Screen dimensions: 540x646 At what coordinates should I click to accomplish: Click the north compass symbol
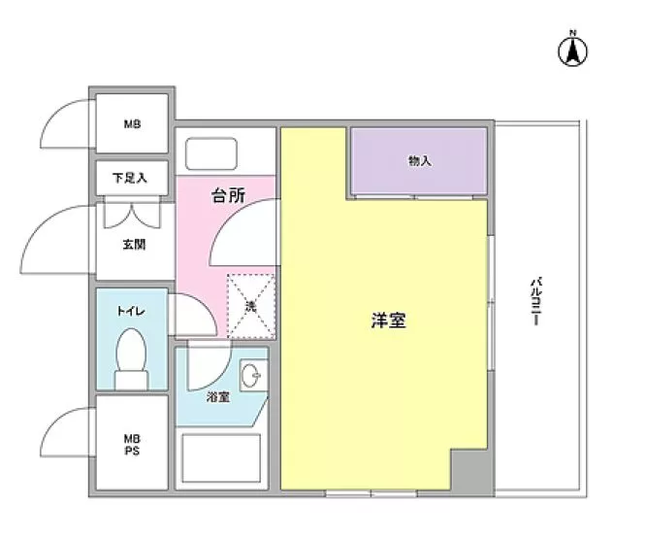(572, 51)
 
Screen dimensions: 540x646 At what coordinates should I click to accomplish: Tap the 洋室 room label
(388, 320)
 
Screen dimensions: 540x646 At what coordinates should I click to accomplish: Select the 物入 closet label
(419, 160)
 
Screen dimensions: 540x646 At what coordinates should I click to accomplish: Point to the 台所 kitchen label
(229, 195)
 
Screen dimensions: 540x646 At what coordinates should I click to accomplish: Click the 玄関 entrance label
(134, 245)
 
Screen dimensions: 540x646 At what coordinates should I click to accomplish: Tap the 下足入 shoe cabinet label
(129, 178)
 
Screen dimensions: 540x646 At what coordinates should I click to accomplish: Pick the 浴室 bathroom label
(218, 397)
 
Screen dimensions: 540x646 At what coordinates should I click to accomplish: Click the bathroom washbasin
(251, 373)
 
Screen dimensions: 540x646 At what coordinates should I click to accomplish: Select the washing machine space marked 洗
(250, 306)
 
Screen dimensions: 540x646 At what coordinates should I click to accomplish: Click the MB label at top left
(131, 124)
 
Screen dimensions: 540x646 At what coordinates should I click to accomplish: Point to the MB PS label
(131, 444)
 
